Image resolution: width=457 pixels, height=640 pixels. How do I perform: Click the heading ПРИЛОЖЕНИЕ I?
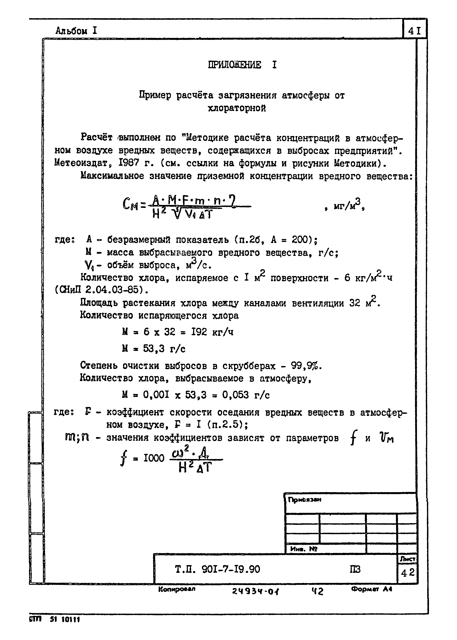(242, 65)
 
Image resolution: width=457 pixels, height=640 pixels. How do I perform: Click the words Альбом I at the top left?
(76, 30)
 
